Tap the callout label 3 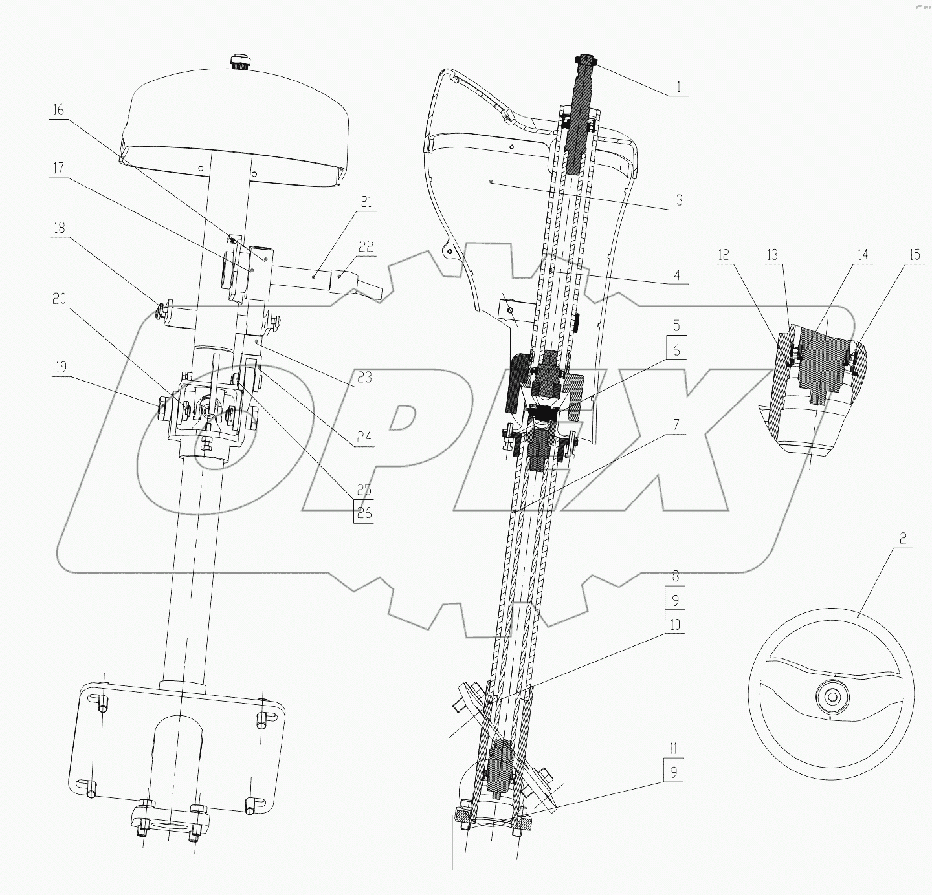(679, 200)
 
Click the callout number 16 (59, 110)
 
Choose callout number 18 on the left (59, 228)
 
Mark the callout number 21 (366, 202)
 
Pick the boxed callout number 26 (364, 514)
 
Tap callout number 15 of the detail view (913, 255)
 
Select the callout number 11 (674, 749)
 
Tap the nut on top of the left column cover (241, 63)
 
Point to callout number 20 (59, 299)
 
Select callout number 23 (364, 378)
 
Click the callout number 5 (676, 325)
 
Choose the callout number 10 (675, 625)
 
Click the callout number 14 (862, 255)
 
